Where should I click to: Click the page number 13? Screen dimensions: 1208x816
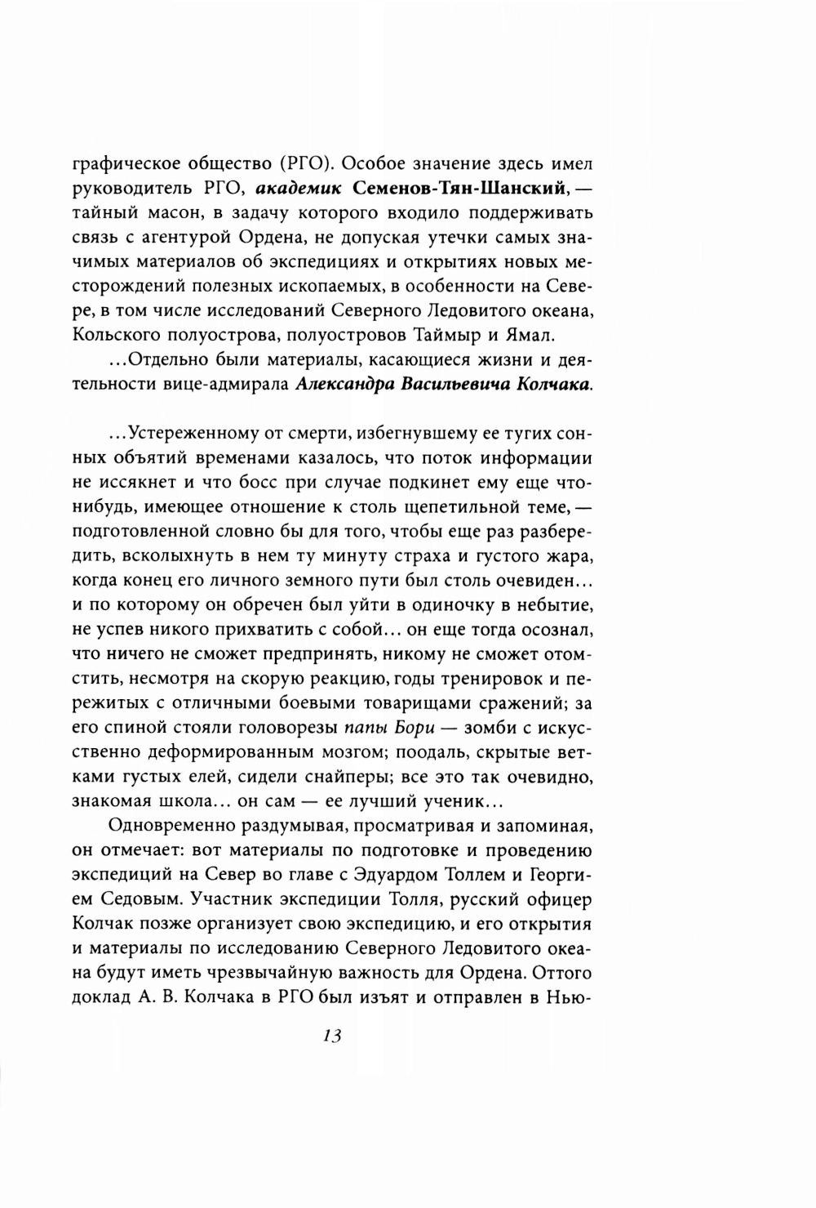click(x=330, y=1035)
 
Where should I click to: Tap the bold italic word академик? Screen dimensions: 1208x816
click(x=296, y=189)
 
